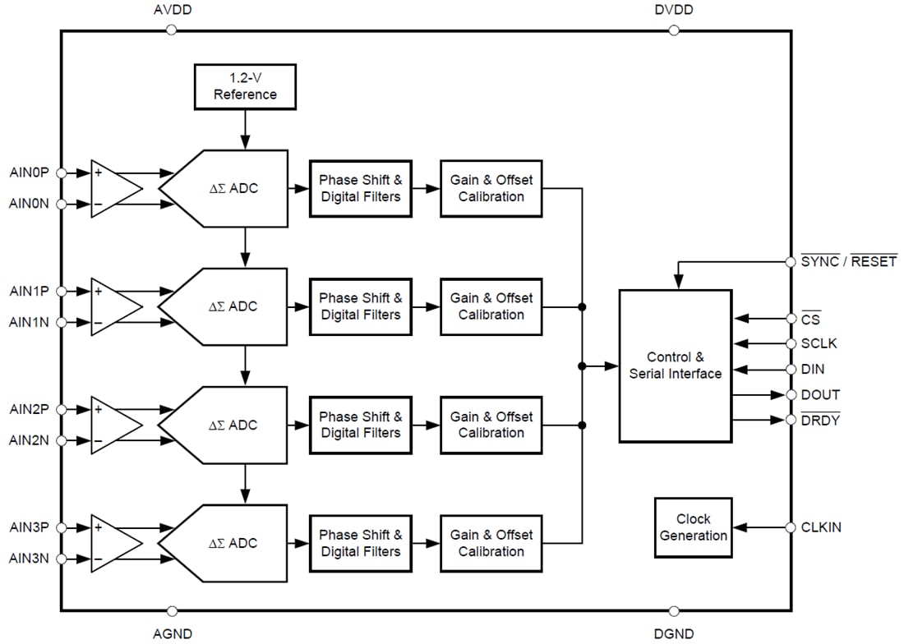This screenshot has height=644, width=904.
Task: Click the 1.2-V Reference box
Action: click(x=245, y=86)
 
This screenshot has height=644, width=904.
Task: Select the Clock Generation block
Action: click(x=693, y=527)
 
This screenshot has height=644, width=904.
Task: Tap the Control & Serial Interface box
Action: click(x=675, y=366)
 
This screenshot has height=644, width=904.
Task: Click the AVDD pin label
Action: click(x=172, y=10)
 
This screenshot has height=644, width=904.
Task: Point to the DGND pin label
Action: click(x=674, y=633)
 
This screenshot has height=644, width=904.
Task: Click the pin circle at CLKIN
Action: click(x=791, y=527)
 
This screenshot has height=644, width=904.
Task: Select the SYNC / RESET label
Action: click(x=848, y=262)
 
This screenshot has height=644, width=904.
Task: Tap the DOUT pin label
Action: click(x=820, y=395)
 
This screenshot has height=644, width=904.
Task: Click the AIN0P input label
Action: click(x=30, y=173)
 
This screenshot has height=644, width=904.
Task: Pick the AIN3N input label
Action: click(x=30, y=559)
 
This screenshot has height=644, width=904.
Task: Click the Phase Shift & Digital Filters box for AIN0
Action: click(x=361, y=188)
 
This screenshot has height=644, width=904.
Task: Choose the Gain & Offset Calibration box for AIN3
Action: click(x=491, y=543)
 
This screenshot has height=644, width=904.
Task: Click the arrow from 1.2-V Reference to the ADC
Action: click(x=245, y=129)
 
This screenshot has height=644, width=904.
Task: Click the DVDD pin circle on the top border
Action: click(x=674, y=30)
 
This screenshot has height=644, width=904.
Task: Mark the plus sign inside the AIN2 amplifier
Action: click(x=99, y=409)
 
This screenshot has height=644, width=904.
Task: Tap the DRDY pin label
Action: click(x=820, y=421)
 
